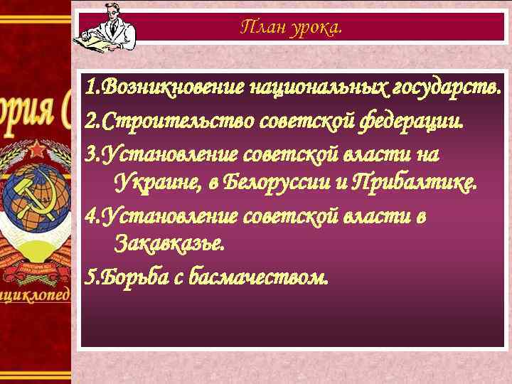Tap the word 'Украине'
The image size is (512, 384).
tap(157, 183)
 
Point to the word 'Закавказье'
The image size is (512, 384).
tap(169, 245)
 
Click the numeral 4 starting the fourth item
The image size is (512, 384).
tap(88, 214)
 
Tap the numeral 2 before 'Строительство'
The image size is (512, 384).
tap(88, 122)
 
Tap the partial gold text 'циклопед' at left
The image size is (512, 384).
tap(36, 294)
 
